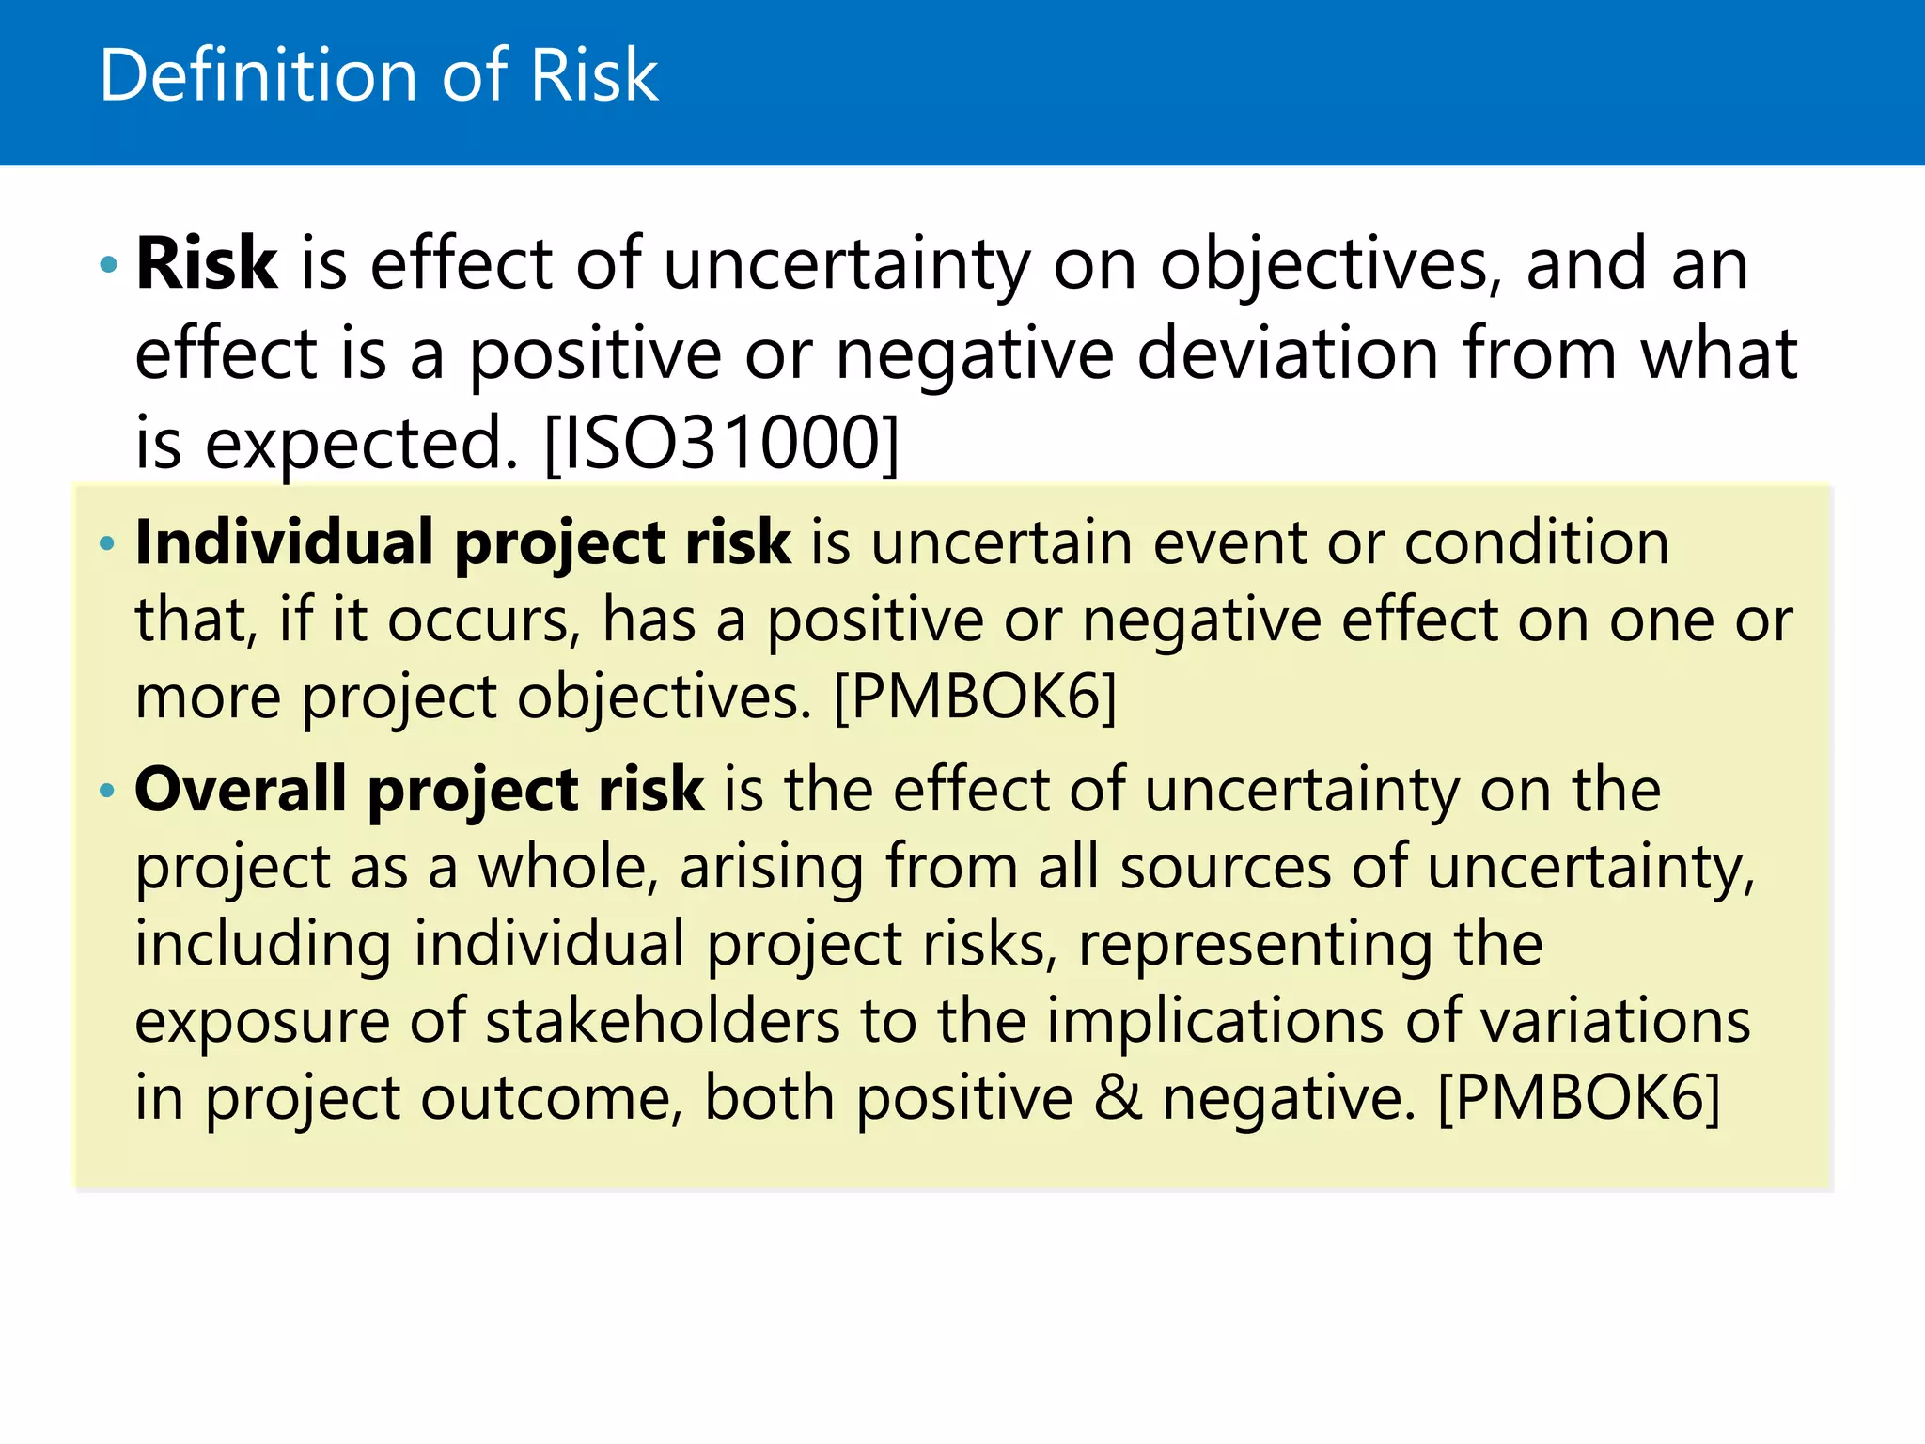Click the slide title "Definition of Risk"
coord(378,75)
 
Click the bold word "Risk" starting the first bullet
coord(207,263)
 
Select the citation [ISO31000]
coord(722,443)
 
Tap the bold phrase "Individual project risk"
coord(463,542)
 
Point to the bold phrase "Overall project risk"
coord(419,789)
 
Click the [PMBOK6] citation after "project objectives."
coord(976,697)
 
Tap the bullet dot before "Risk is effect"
coord(108,265)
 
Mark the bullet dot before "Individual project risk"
coord(108,543)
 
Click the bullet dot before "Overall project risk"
coord(108,791)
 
